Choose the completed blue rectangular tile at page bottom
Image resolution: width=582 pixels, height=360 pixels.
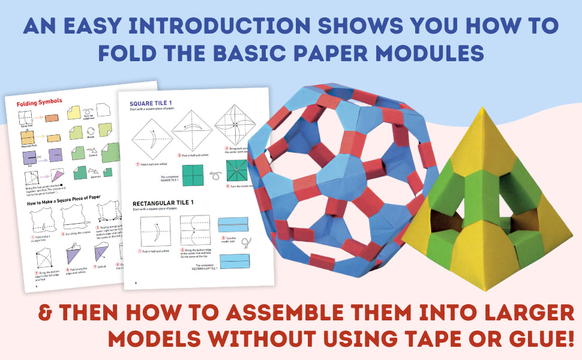click(x=233, y=263)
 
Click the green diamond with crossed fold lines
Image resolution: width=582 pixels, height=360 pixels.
click(x=238, y=171)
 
